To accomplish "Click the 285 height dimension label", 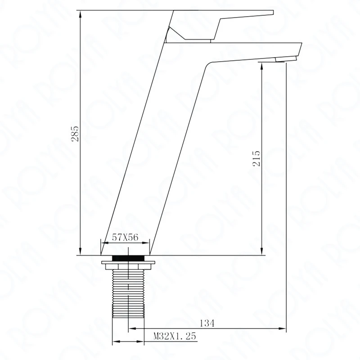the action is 75,133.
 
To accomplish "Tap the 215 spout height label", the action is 257,158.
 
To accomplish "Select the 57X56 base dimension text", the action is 125,237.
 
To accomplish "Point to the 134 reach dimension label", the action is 207,323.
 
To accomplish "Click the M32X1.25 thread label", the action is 175,336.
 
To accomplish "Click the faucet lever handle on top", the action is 220,25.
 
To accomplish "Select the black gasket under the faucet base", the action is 128,258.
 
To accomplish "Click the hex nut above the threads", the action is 128,266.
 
